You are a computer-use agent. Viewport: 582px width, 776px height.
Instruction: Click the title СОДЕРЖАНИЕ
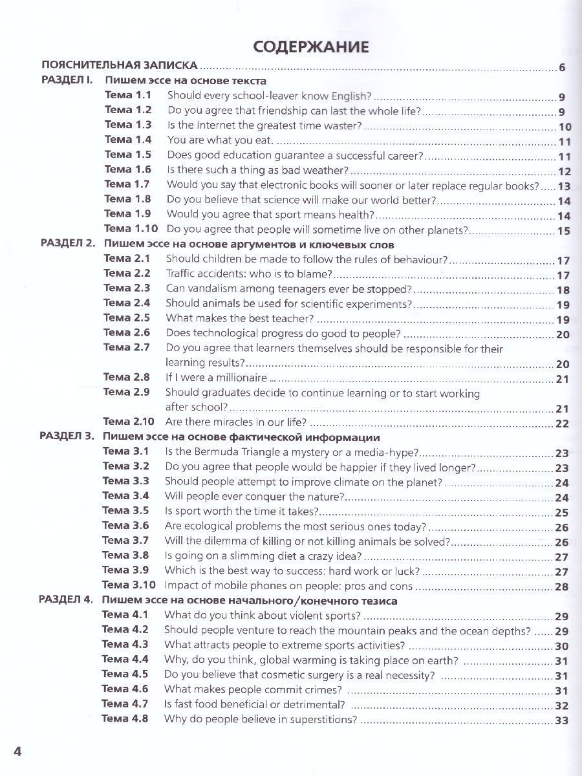[310, 47]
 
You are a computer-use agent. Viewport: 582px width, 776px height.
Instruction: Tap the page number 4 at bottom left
[18, 751]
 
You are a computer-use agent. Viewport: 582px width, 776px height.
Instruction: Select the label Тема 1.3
[128, 125]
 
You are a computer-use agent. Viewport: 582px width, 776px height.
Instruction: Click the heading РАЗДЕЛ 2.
[68, 244]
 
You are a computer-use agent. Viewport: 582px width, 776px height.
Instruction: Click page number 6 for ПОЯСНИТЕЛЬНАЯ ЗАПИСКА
[562, 68]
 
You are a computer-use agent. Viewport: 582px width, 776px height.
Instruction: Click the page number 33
[561, 720]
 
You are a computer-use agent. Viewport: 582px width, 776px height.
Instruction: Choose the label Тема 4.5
[125, 674]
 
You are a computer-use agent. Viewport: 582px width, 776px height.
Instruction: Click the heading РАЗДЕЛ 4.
[66, 601]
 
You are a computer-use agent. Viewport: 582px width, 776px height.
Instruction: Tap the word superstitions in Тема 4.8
[324, 719]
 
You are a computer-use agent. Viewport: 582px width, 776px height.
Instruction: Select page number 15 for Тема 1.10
[563, 231]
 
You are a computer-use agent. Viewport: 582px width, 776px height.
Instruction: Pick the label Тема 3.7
[125, 541]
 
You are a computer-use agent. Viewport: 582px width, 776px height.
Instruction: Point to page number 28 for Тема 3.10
[561, 587]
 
